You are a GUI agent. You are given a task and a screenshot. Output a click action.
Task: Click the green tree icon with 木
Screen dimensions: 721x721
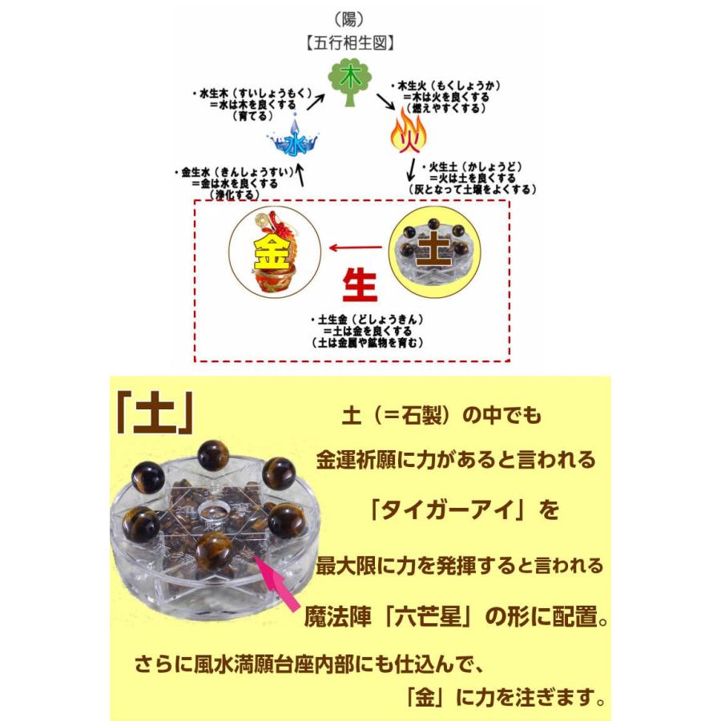349,83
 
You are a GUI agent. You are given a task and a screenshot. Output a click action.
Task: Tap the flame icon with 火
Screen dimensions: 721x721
408,132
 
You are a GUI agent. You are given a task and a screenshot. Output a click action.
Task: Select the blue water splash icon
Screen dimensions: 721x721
293,139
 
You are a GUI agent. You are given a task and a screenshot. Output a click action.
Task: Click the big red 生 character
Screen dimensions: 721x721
360,285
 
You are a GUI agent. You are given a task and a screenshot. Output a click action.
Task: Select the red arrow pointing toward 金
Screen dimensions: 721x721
356,248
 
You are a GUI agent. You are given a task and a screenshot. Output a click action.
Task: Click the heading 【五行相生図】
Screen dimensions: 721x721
350,43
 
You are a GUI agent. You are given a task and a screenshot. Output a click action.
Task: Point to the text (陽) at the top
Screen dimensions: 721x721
349,20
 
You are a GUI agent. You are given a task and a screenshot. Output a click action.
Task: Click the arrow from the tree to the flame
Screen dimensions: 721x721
386,102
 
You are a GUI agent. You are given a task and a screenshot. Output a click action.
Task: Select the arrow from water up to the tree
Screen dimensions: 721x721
316,102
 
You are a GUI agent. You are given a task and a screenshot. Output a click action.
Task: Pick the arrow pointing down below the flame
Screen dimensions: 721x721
411,171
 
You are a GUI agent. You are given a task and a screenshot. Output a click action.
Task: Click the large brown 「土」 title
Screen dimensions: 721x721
155,414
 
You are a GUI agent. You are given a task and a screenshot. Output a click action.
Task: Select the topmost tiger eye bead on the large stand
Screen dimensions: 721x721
213,455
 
